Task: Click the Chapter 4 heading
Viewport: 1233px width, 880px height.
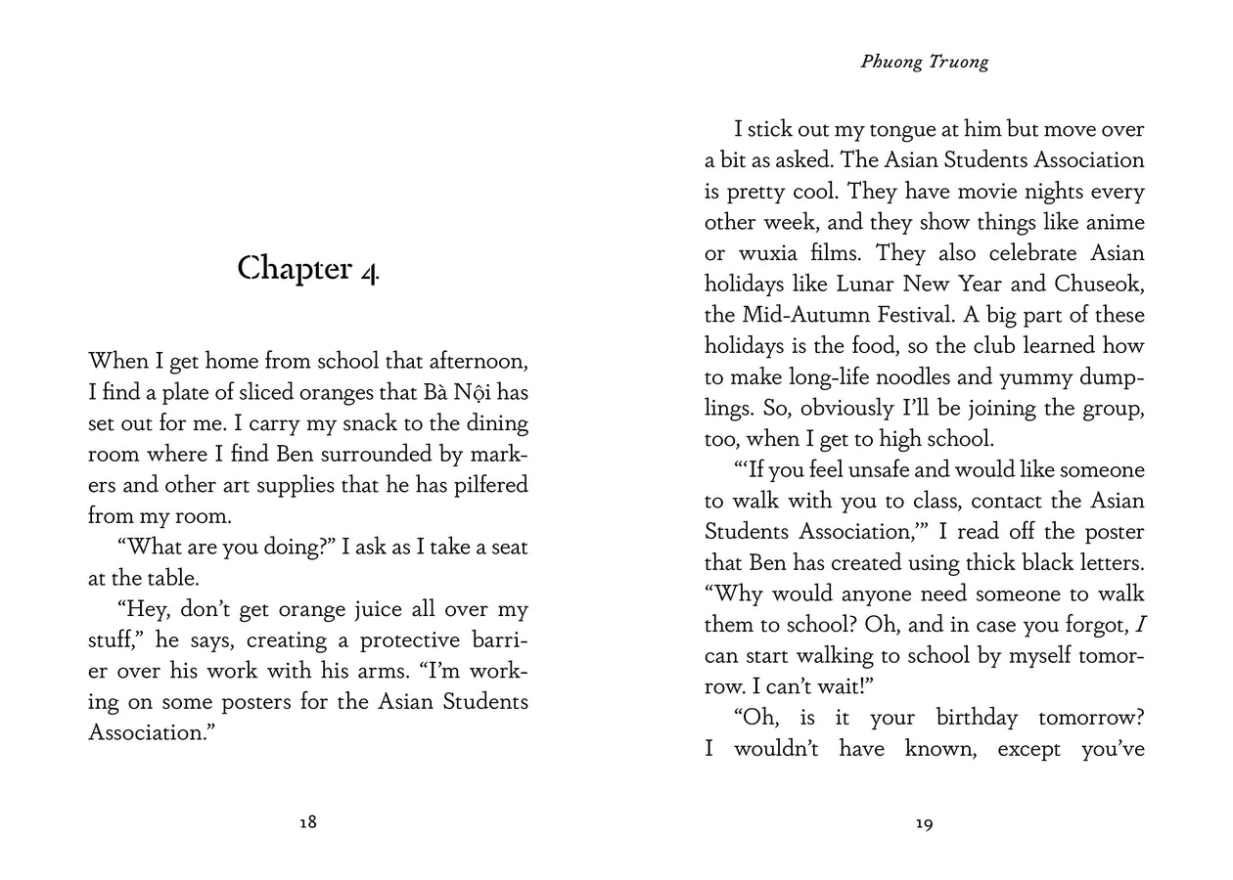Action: pyautogui.click(x=308, y=268)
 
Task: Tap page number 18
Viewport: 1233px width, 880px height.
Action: pyautogui.click(x=308, y=822)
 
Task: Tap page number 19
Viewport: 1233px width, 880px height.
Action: pyautogui.click(x=924, y=823)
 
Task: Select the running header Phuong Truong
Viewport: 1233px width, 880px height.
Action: pyautogui.click(x=925, y=62)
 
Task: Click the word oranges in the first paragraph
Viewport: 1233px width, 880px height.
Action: pyautogui.click(x=322, y=392)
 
